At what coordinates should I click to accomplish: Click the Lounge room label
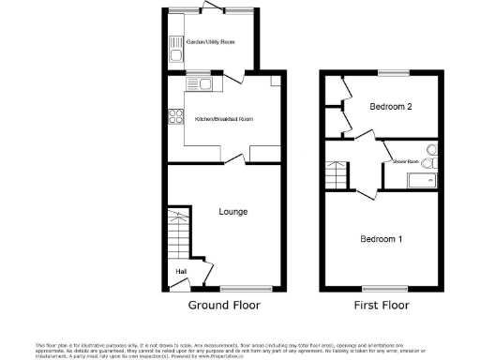pos(232,212)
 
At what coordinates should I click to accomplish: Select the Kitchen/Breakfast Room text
pos(223,119)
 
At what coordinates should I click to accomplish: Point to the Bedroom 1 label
pos(382,239)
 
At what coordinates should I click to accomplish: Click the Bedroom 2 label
pos(390,107)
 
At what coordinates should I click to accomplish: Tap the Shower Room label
pos(405,162)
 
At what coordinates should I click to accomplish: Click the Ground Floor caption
pos(224,306)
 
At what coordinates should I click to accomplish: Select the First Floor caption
pos(382,306)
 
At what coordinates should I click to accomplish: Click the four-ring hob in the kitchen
pos(174,117)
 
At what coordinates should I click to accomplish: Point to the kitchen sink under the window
pos(202,85)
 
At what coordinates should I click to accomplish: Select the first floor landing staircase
pos(336,173)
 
